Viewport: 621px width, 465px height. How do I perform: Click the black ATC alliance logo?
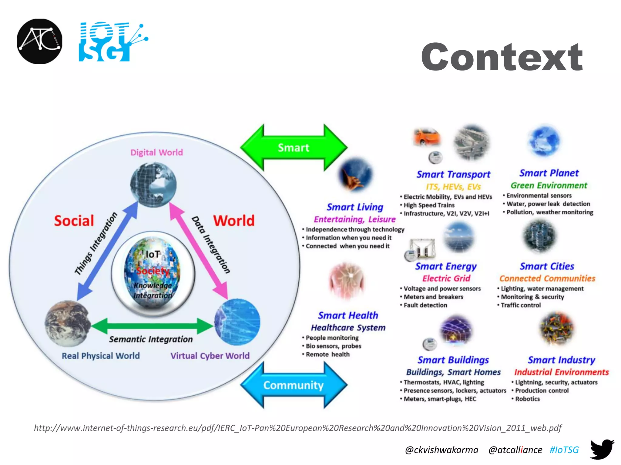39,41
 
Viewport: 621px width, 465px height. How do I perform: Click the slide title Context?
502,57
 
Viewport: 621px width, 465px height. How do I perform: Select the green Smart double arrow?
294,147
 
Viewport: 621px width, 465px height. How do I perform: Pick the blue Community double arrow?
294,385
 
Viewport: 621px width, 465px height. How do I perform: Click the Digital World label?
156,152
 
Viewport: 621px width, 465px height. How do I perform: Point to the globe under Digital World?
153,185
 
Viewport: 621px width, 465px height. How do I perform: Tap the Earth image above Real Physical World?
68,323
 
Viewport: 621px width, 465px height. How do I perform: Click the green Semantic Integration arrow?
152,326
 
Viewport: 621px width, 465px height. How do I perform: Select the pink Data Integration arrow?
199,250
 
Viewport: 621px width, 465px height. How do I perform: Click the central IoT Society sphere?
153,274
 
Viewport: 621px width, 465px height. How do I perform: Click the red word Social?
74,221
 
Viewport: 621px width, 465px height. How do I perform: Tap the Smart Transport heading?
453,174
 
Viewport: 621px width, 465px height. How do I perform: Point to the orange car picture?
427,137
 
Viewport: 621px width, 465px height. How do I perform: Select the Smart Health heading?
348,315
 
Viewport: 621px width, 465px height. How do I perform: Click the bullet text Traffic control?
521,305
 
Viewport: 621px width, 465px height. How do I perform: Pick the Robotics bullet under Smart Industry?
527,399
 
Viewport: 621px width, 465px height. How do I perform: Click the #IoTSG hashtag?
564,450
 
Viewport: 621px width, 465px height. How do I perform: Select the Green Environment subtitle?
549,185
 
